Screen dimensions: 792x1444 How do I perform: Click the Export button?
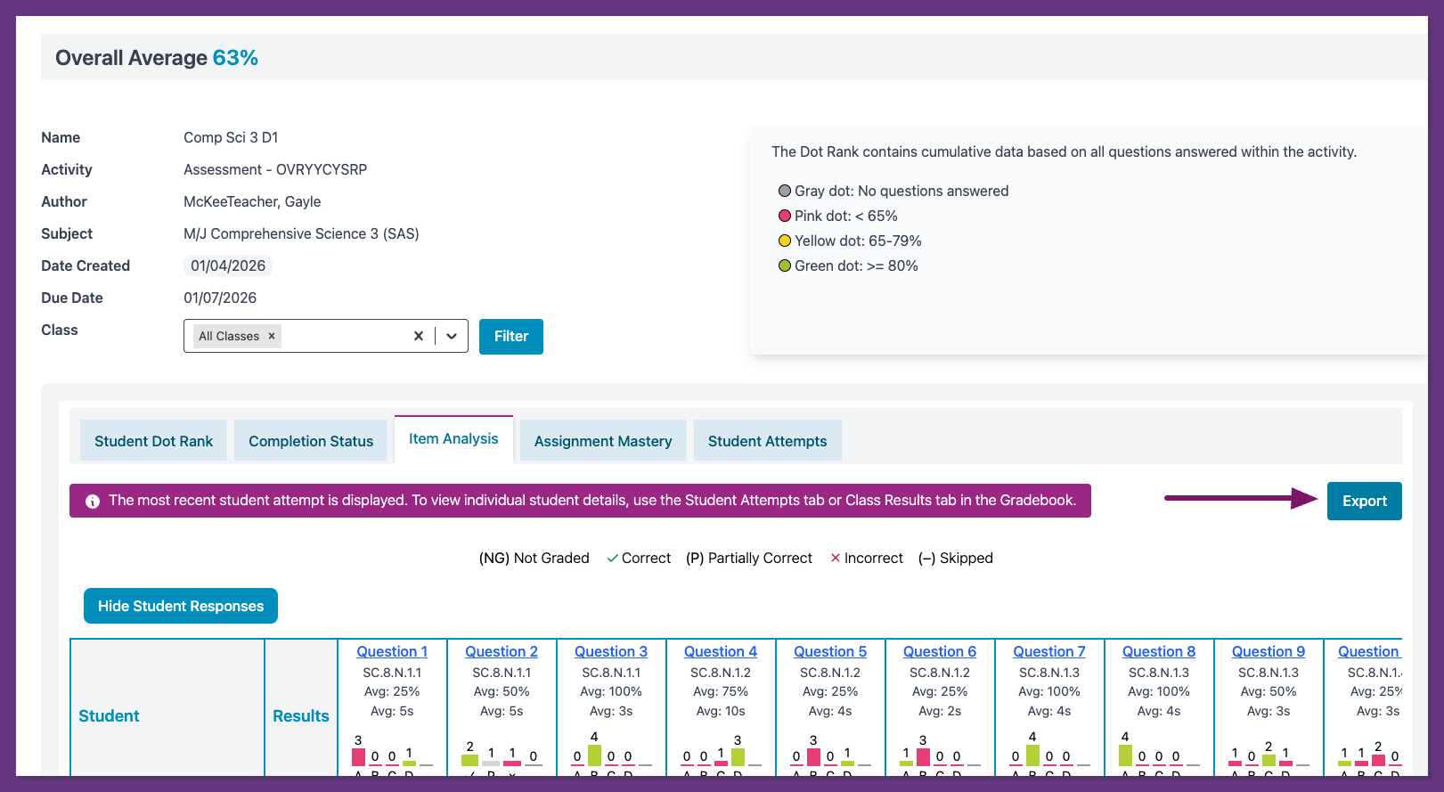point(1364,501)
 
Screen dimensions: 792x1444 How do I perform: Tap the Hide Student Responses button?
point(181,606)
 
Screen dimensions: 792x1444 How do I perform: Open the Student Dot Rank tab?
point(153,441)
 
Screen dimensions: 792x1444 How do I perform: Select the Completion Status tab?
point(311,441)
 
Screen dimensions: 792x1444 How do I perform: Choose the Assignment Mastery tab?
point(603,441)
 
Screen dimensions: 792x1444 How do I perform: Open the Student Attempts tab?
point(767,441)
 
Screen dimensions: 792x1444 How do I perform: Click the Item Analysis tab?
point(453,438)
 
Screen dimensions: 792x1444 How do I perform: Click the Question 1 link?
point(392,651)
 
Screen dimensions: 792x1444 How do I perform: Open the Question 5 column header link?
point(830,651)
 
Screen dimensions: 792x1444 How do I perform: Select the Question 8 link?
point(1159,651)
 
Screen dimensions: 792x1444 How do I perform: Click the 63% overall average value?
point(235,58)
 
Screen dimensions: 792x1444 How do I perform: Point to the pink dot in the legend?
point(785,216)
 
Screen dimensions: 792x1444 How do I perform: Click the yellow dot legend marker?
point(785,241)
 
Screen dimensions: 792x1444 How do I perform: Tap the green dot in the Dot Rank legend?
point(785,265)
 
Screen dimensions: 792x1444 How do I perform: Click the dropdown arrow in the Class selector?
point(452,336)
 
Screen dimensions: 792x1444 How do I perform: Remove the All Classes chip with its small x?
point(272,336)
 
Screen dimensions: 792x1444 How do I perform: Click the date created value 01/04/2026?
point(228,265)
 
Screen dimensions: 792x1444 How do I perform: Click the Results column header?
point(301,715)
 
